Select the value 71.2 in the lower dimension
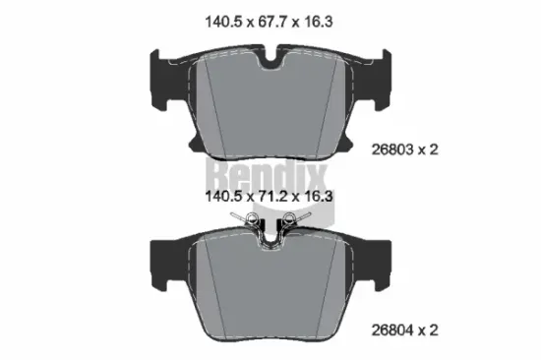click(x=267, y=196)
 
